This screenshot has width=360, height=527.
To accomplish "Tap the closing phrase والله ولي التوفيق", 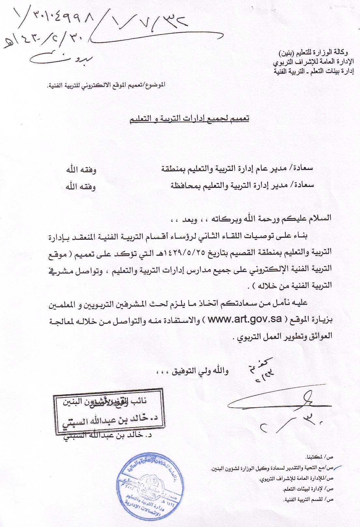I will pos(192,371).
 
